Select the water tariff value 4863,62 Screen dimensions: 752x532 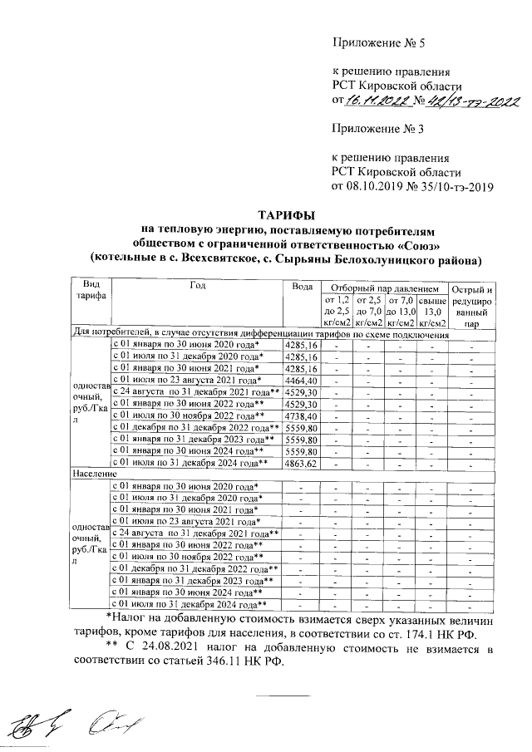point(301,462)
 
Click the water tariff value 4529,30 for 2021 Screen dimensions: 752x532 point(301,391)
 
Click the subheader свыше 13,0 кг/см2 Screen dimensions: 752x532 point(433,311)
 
